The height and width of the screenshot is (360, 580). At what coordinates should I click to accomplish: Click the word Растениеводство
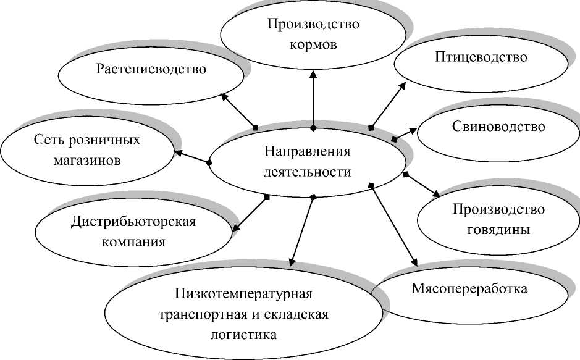coord(151,69)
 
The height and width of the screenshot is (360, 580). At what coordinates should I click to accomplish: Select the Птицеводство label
coord(482,57)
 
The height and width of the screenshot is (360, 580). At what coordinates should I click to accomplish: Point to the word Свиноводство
coord(498,127)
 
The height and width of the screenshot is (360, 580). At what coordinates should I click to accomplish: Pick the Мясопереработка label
coord(469,288)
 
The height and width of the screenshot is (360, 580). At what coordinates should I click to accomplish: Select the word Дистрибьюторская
coord(133,222)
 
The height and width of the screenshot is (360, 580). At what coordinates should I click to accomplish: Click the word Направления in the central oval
coord(307,152)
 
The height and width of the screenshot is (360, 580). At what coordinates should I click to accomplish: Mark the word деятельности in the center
coord(307,172)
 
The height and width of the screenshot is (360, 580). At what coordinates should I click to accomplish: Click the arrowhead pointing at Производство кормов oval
coord(313,74)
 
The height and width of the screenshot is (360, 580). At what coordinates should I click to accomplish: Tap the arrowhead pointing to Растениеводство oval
coord(224,96)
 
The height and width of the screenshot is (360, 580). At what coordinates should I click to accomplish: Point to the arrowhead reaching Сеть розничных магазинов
coord(177,152)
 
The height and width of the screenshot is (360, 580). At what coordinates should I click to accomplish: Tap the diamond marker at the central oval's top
coord(313,128)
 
